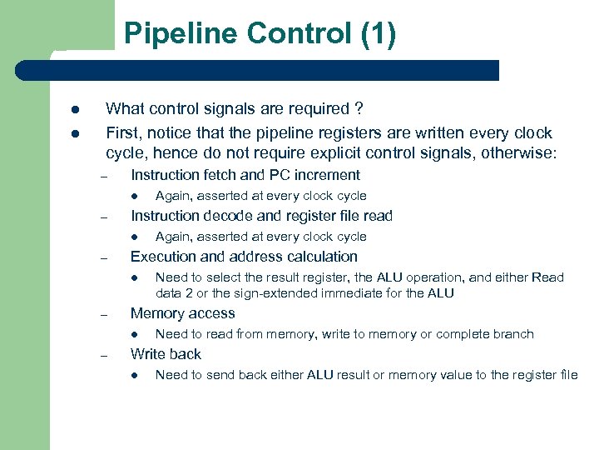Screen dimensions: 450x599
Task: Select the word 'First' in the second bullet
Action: point(122,133)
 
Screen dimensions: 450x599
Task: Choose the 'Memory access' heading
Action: point(183,313)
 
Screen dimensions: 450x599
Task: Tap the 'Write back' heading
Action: point(166,354)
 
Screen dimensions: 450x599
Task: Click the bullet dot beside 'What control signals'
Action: point(74,109)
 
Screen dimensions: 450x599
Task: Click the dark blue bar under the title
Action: point(275,70)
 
